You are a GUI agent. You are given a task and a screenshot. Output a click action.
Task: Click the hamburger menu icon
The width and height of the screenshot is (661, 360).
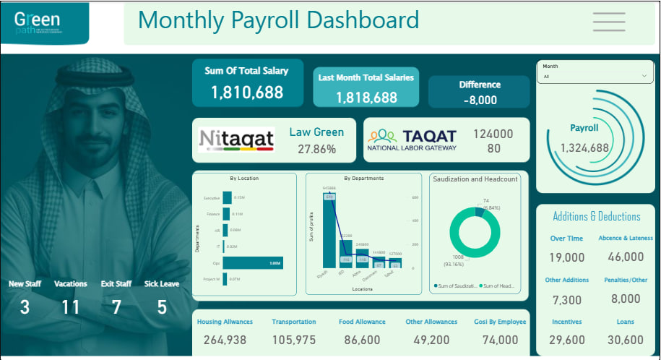[608, 22]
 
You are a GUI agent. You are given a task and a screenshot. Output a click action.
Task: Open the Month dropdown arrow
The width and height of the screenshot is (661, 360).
[644, 76]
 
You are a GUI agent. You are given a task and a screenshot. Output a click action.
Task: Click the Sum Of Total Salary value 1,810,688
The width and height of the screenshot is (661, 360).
[246, 93]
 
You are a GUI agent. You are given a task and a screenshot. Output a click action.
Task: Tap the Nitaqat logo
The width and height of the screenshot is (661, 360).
[236, 139]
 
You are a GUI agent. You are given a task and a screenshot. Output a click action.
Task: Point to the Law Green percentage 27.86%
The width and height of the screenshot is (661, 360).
[316, 149]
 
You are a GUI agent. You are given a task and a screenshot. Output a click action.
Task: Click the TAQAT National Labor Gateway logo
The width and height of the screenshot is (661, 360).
[412, 140]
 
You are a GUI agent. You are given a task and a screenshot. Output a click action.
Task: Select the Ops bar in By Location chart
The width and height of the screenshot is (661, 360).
[252, 262]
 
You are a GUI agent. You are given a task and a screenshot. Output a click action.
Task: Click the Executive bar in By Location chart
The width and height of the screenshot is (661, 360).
[227, 197]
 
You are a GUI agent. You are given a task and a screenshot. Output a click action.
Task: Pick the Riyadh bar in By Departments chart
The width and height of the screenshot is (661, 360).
[329, 231]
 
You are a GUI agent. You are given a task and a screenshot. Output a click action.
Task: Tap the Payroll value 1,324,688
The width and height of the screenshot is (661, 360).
[584, 148]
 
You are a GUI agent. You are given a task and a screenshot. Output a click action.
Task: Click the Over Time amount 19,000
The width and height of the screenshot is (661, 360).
[567, 257]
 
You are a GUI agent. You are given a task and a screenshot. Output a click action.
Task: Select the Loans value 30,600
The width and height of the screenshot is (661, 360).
[626, 340]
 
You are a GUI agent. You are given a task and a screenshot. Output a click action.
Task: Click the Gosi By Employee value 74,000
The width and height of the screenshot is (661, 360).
[501, 340]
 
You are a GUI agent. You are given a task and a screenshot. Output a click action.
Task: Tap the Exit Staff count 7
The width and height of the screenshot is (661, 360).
[116, 307]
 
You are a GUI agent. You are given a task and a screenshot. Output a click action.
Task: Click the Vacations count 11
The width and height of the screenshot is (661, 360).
[70, 307]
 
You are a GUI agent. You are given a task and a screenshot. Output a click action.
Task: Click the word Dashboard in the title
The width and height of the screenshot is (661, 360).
[363, 20]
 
